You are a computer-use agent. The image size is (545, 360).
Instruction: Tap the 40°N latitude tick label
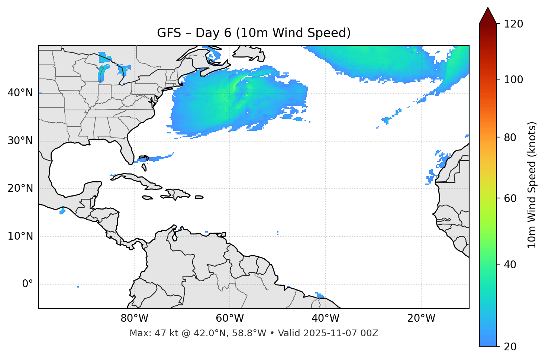20,93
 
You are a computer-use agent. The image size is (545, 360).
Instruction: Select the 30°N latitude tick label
20,141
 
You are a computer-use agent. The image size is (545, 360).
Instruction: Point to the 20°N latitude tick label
20,188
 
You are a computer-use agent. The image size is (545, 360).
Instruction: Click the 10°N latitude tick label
20,236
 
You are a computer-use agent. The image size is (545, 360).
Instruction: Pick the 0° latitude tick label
27,284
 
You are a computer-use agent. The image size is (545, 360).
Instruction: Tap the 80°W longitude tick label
134,318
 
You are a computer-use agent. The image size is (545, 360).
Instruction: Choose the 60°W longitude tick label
230,318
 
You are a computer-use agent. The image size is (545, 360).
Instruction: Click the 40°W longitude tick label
325,318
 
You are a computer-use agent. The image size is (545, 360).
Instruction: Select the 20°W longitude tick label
421,318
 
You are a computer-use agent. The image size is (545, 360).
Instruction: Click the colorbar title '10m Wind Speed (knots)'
532,185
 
